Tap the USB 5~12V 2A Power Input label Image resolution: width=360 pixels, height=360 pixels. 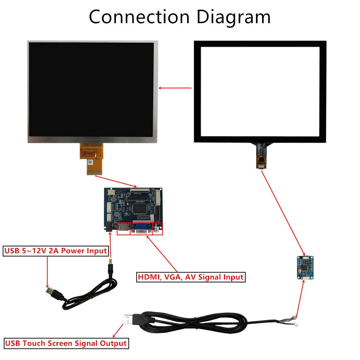pos(56,251)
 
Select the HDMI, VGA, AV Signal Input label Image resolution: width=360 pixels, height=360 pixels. pos(191,277)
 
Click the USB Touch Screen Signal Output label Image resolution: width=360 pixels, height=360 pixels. pos(66,343)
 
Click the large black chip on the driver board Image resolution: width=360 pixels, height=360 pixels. pos(138,208)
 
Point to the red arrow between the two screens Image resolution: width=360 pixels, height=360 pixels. pos(175,88)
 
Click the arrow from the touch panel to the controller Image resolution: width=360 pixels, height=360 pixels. pos(283,212)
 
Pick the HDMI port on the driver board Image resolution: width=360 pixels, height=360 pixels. pos(123,229)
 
